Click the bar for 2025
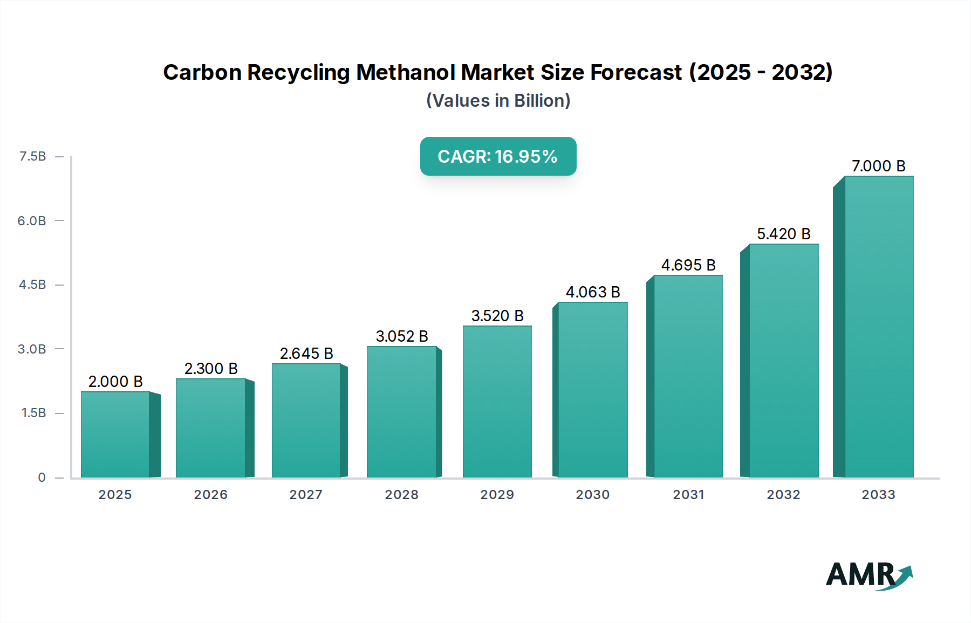click(x=115, y=434)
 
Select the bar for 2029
click(x=497, y=402)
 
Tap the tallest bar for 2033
click(x=878, y=327)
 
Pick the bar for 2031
click(x=688, y=376)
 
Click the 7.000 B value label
click(x=878, y=166)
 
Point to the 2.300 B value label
click(x=211, y=369)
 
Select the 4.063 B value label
click(x=593, y=292)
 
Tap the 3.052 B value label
click(x=402, y=336)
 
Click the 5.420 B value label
click(x=783, y=234)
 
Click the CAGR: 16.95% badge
click(x=498, y=156)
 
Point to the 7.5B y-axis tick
click(x=33, y=156)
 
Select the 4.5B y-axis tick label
click(x=32, y=285)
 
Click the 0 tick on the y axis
click(x=42, y=477)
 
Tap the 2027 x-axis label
click(x=306, y=495)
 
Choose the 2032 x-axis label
click(x=783, y=495)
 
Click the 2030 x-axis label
click(x=593, y=495)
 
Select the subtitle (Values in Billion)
click(x=498, y=101)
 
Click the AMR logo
click(x=869, y=575)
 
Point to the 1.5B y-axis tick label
click(x=33, y=413)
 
